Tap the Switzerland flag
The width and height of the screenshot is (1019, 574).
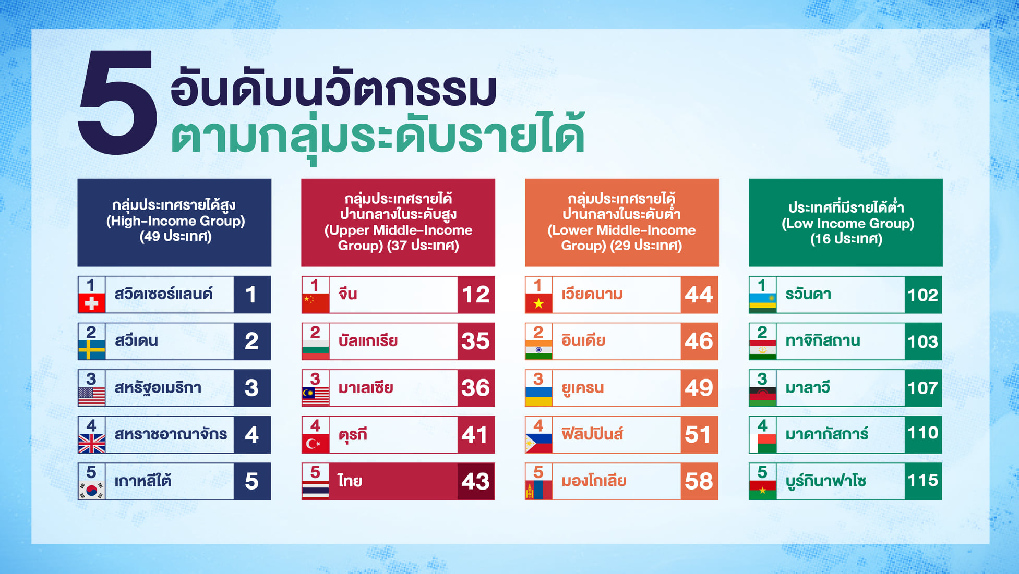tap(91, 303)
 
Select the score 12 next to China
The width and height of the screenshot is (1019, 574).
tap(476, 295)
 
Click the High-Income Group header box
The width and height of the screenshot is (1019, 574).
tap(174, 223)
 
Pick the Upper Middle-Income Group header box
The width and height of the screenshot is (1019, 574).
tap(398, 223)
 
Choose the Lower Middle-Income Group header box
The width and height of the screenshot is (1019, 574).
tap(621, 223)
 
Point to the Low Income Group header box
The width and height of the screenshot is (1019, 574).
tap(845, 223)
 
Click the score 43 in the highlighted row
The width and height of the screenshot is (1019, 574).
tap(476, 481)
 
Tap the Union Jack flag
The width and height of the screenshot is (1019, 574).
tap(91, 443)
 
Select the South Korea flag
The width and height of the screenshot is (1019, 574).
tap(91, 490)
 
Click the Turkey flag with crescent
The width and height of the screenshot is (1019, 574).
tap(315, 443)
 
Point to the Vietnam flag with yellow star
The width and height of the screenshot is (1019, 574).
tap(538, 303)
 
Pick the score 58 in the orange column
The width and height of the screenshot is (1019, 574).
tap(699, 481)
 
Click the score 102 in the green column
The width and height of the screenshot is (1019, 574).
tap(923, 295)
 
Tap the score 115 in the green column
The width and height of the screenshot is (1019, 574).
tap(923, 480)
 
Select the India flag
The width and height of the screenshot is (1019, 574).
tap(538, 350)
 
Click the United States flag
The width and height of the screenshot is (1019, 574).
tap(91, 397)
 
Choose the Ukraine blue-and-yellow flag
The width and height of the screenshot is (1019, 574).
tap(538, 397)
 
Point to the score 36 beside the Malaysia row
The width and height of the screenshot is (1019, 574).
tap(476, 388)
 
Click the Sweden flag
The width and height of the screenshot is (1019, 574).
tap(91, 350)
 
